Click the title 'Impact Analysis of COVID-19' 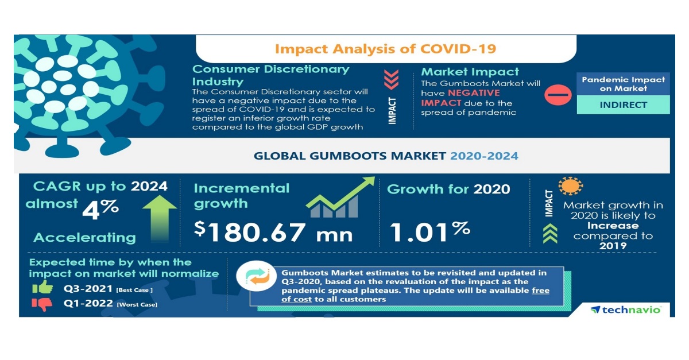(x=385, y=48)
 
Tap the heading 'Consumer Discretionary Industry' (x=270, y=75)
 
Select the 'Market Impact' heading (x=470, y=72)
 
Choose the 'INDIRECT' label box (x=623, y=105)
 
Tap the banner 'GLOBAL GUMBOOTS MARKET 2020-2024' (x=385, y=156)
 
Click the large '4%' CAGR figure (x=100, y=210)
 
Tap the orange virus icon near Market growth (x=570, y=186)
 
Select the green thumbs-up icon (x=42, y=287)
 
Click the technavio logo (x=625, y=309)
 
